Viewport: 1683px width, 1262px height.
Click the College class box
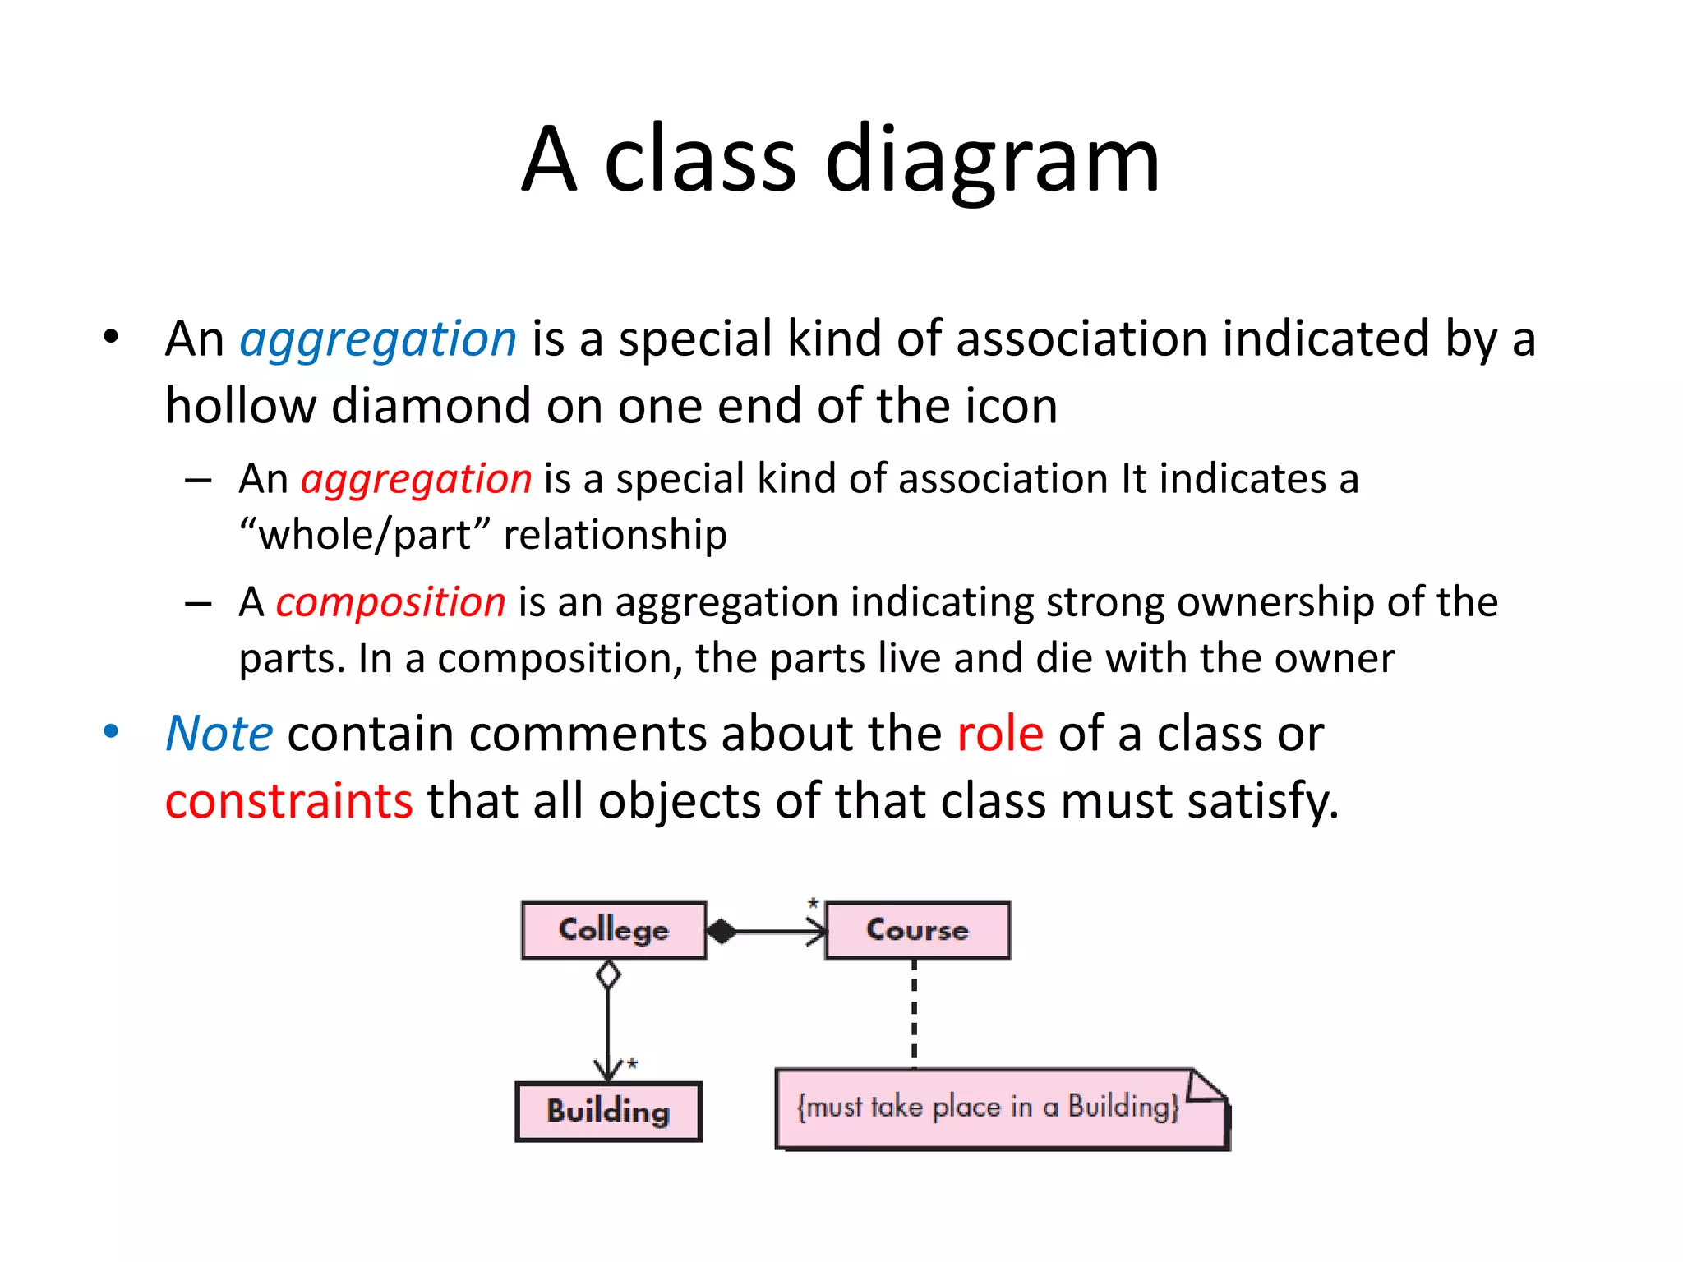[x=614, y=930]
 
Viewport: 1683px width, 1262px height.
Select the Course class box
[x=917, y=930]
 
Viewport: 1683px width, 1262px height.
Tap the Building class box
[x=608, y=1111]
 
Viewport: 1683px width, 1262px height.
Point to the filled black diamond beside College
[x=722, y=932]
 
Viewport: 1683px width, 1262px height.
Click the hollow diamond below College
[x=608, y=975]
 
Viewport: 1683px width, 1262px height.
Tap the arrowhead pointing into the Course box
[x=818, y=932]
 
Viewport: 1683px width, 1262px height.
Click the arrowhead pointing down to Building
[x=608, y=1069]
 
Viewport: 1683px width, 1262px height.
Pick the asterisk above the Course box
[x=813, y=904]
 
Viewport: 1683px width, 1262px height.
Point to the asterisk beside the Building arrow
[x=632, y=1065]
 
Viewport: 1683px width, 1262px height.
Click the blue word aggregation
[x=378, y=339]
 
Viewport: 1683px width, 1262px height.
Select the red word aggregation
[x=416, y=479]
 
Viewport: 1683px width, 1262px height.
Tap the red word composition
[x=390, y=602]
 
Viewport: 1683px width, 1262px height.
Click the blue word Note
[x=219, y=733]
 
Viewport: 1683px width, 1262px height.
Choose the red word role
[x=1000, y=733]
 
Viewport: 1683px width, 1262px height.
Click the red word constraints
[x=288, y=801]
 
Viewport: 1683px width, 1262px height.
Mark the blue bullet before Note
[x=111, y=731]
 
